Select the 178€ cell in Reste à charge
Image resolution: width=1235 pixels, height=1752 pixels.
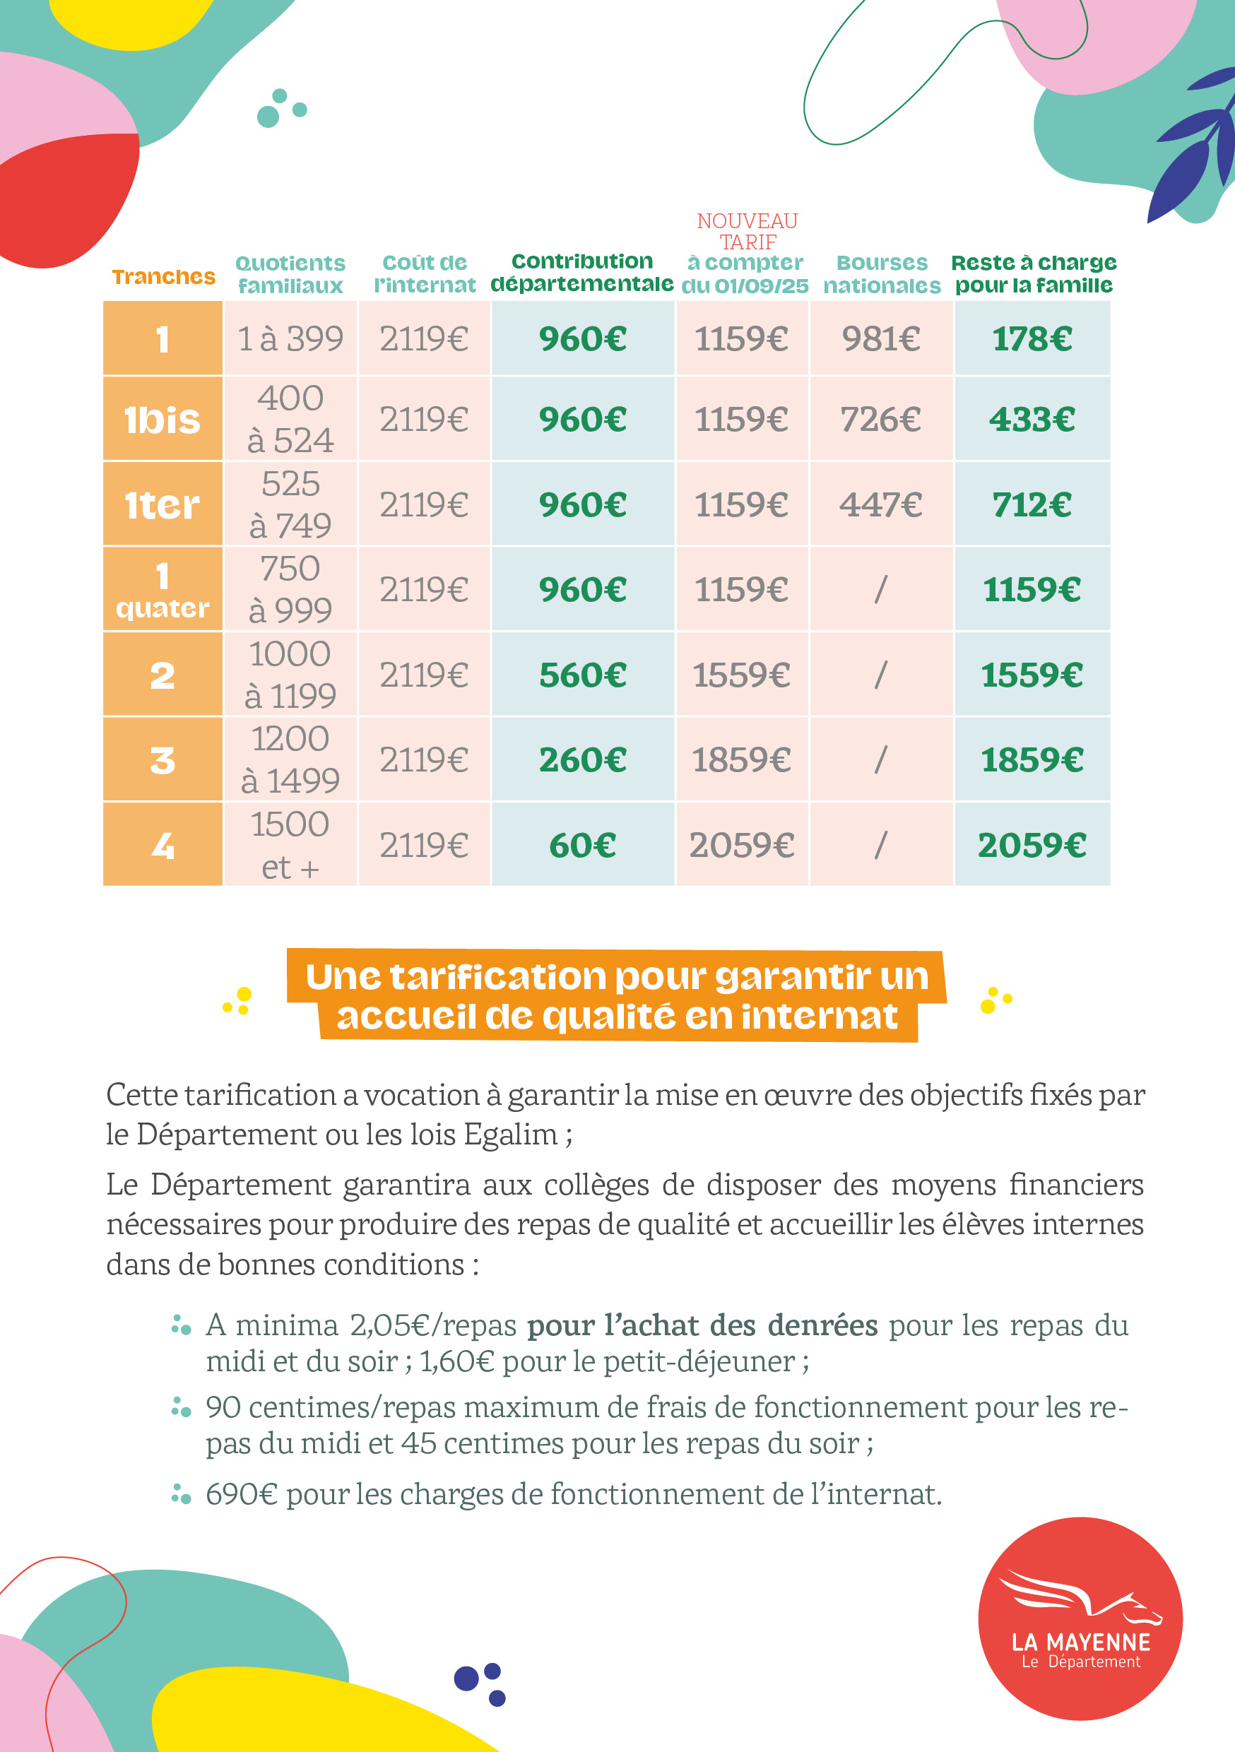(1032, 339)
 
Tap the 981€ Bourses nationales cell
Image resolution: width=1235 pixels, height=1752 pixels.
(881, 339)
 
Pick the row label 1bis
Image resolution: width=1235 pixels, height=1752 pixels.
(162, 420)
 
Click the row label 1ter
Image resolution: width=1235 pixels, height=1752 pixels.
(162, 505)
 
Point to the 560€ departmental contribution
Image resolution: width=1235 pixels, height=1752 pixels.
(582, 675)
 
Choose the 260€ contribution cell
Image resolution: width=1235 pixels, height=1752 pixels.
(582, 760)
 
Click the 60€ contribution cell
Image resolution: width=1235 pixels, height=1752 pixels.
(582, 846)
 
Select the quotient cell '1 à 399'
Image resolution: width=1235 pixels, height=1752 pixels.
(290, 339)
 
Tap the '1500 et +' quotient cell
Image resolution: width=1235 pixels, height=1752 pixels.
(290, 846)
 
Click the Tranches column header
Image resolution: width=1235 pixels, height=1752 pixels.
(163, 276)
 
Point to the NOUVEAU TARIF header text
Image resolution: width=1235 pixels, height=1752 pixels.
(747, 231)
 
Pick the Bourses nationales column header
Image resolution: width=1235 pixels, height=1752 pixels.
(882, 274)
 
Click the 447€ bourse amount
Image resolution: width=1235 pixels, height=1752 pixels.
(881, 505)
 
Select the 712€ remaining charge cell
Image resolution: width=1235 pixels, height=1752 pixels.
(1032, 505)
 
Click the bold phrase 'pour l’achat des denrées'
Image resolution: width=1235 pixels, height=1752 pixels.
(702, 1325)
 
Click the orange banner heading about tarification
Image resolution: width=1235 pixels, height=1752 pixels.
(617, 996)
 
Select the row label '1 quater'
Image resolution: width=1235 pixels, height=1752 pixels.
(162, 590)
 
